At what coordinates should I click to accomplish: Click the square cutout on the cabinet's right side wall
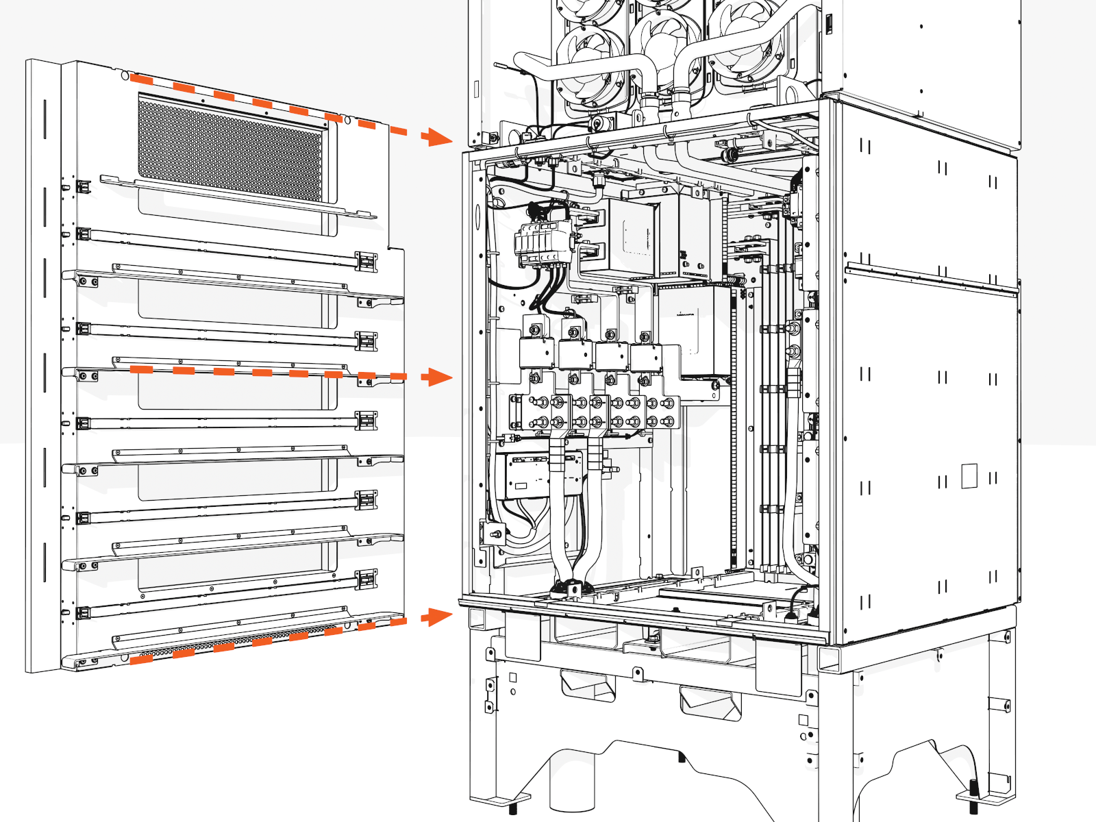click(x=969, y=476)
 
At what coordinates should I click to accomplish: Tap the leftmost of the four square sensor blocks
click(x=536, y=353)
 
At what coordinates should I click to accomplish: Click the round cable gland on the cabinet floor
click(x=569, y=588)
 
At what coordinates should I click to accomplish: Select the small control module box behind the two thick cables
click(x=527, y=475)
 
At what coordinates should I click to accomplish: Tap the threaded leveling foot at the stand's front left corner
click(x=513, y=805)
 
